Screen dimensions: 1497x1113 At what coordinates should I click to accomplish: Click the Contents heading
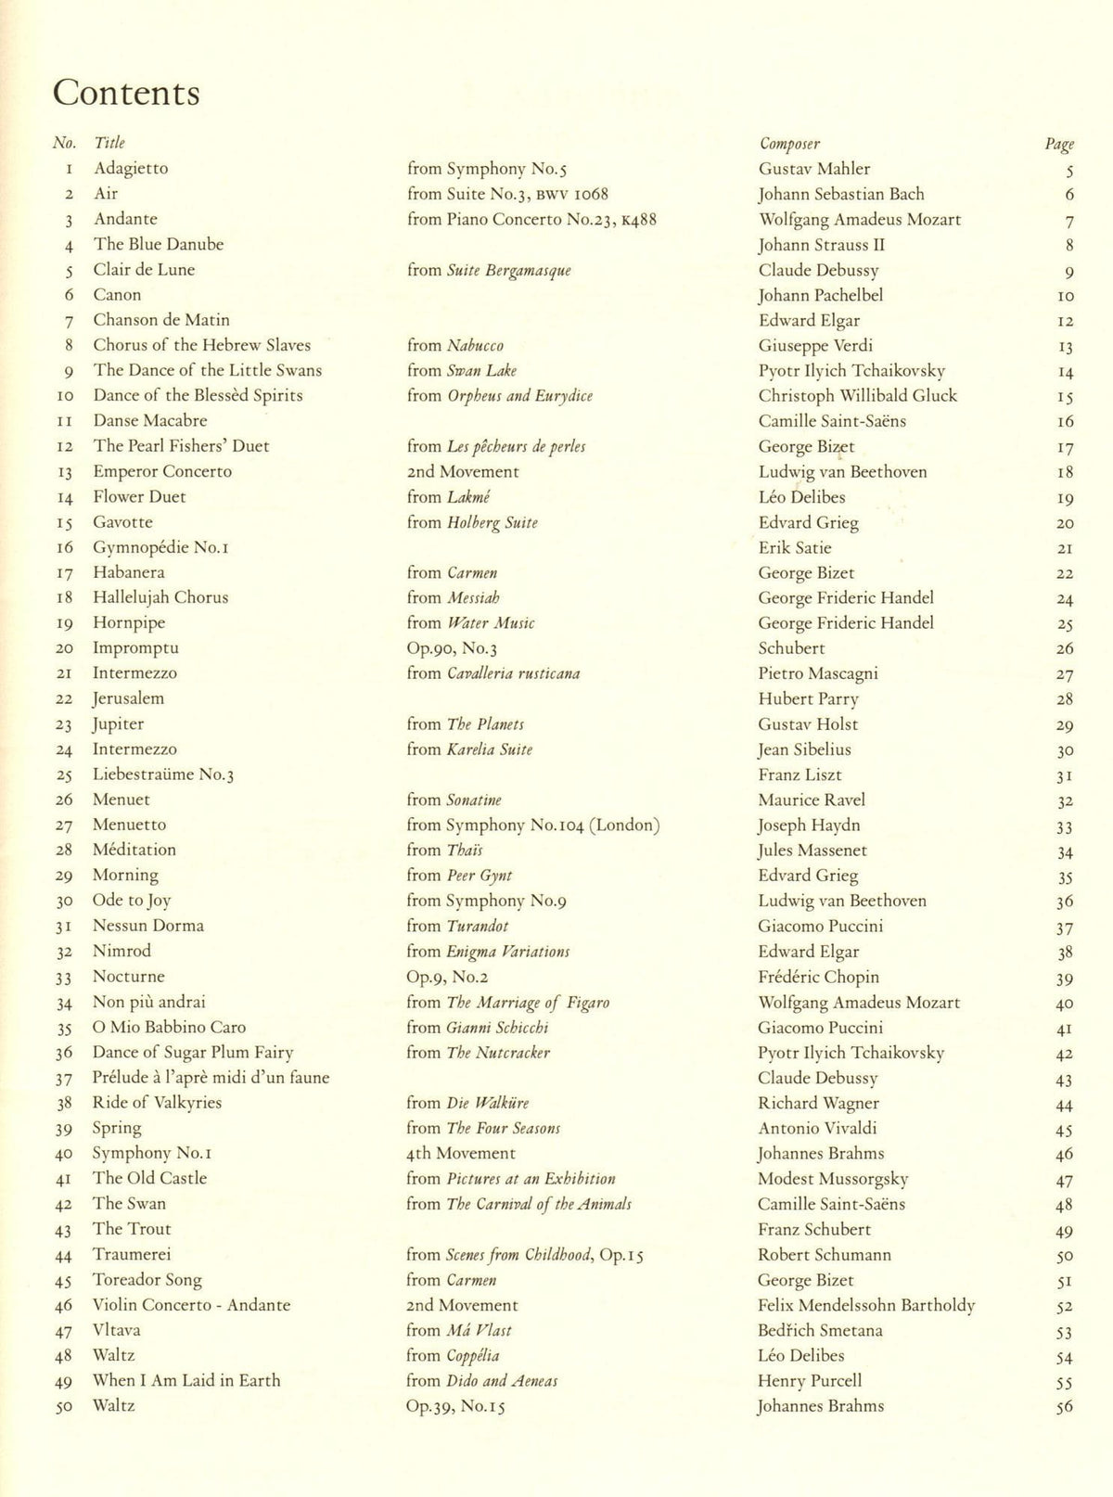pyautogui.click(x=126, y=93)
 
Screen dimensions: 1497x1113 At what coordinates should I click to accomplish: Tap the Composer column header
pyautogui.click(x=789, y=144)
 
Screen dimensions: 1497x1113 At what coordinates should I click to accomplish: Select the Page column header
pyautogui.click(x=1059, y=144)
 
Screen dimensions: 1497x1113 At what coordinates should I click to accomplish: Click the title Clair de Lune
pyautogui.click(x=144, y=270)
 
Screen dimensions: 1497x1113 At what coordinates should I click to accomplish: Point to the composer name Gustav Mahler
pyautogui.click(x=814, y=169)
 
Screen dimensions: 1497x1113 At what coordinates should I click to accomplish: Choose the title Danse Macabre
pyautogui.click(x=149, y=421)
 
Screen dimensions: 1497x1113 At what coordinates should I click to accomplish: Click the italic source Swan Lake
pyautogui.click(x=482, y=371)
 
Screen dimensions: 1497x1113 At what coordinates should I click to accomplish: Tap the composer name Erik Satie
pyautogui.click(x=795, y=548)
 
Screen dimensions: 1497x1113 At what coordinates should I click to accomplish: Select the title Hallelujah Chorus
pyautogui.click(x=160, y=598)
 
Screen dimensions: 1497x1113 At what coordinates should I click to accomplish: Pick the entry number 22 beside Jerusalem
pyautogui.click(x=64, y=699)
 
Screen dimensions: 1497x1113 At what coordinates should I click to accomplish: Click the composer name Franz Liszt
pyautogui.click(x=800, y=775)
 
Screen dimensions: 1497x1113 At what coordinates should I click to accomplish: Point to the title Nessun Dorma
pyautogui.click(x=148, y=927)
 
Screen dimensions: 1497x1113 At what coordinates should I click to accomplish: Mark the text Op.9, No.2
pyautogui.click(x=447, y=977)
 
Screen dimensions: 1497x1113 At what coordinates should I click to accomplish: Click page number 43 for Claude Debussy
pyautogui.click(x=1064, y=1080)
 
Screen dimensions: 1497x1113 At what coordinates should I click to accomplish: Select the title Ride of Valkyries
pyautogui.click(x=157, y=1103)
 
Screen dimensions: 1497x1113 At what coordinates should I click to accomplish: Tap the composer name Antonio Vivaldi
pyautogui.click(x=817, y=1129)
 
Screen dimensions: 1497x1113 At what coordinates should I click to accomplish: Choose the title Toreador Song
pyautogui.click(x=147, y=1280)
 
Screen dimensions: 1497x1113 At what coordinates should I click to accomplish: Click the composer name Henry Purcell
pyautogui.click(x=810, y=1381)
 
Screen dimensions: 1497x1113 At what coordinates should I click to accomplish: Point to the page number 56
pyautogui.click(x=1064, y=1407)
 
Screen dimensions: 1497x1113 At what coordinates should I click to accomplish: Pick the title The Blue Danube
pyautogui.click(x=159, y=245)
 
